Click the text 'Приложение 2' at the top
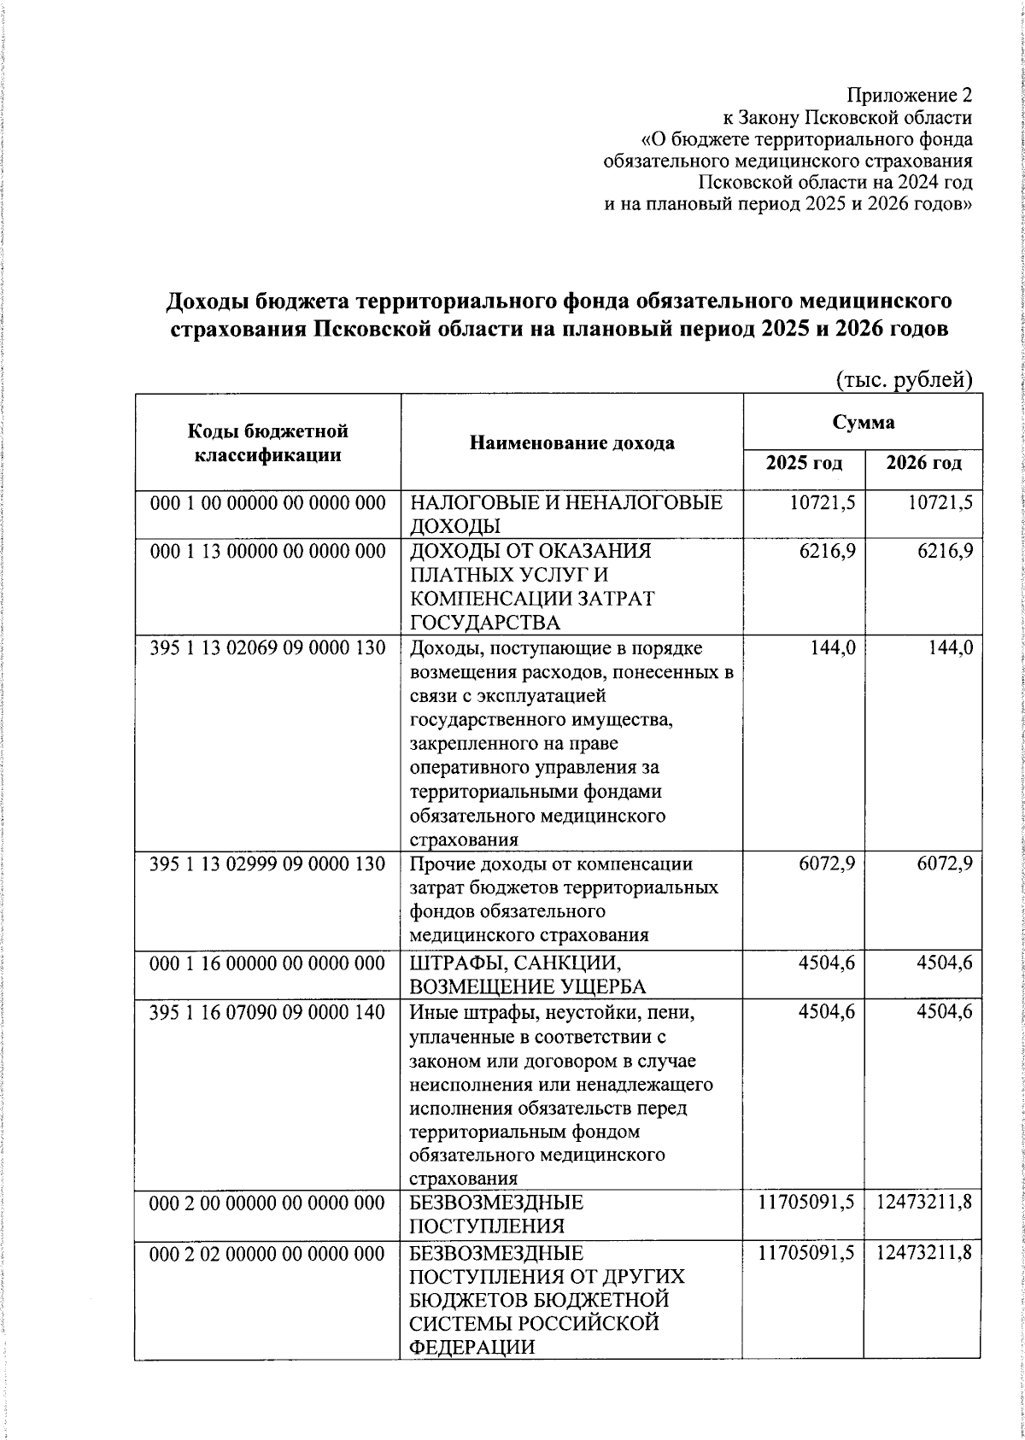(x=909, y=94)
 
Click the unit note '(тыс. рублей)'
(x=904, y=379)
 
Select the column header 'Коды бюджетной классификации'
(x=268, y=442)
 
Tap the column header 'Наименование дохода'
(x=571, y=442)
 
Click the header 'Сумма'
(x=864, y=422)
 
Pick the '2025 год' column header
(x=804, y=464)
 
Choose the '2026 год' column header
(x=923, y=464)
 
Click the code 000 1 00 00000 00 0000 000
(x=268, y=503)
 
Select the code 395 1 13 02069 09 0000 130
(x=268, y=648)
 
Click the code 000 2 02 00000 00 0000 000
(x=268, y=1253)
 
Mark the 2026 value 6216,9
(x=945, y=552)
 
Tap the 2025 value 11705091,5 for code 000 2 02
(x=806, y=1253)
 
